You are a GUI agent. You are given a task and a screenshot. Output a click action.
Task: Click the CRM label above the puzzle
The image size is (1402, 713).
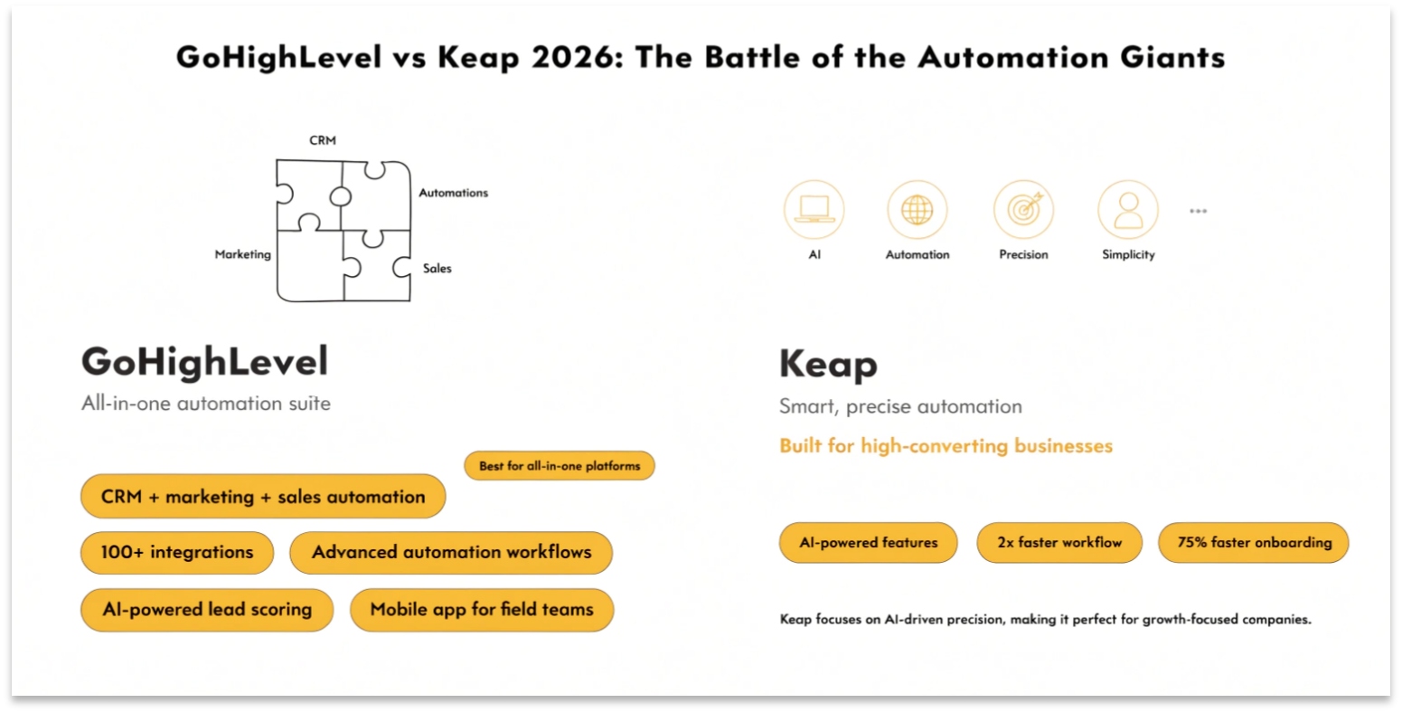click(323, 140)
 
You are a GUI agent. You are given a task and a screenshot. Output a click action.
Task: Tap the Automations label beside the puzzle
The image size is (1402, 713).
click(453, 193)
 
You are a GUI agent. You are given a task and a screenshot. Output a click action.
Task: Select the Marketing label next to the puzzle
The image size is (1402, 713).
click(242, 254)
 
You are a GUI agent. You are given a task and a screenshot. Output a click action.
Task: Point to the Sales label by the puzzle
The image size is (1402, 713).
click(437, 268)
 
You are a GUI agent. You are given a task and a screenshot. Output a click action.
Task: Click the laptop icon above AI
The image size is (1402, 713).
click(814, 210)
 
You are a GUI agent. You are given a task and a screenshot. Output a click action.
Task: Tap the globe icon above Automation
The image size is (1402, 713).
click(917, 210)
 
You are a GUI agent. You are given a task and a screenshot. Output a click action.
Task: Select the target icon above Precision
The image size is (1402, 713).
click(1023, 210)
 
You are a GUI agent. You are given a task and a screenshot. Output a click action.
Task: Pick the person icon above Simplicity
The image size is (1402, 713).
click(1127, 210)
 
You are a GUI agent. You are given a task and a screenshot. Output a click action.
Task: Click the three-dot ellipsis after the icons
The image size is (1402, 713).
click(1198, 211)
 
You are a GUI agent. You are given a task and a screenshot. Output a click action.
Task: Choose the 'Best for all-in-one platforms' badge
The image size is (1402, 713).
click(559, 466)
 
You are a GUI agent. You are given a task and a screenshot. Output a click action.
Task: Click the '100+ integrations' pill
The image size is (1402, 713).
click(177, 552)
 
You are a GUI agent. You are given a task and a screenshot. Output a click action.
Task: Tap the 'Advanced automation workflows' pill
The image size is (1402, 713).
click(451, 552)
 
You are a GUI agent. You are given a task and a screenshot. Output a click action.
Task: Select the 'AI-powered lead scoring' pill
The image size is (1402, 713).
click(207, 609)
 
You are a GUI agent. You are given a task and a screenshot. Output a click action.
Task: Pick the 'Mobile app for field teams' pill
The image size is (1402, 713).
click(482, 609)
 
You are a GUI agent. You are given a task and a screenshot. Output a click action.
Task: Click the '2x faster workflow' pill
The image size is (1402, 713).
click(1059, 543)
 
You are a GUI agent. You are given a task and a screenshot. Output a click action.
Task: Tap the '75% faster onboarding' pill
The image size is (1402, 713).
click(1254, 543)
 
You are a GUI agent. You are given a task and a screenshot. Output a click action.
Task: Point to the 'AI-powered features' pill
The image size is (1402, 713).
click(868, 543)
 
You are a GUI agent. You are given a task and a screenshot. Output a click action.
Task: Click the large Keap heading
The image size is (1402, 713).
click(828, 365)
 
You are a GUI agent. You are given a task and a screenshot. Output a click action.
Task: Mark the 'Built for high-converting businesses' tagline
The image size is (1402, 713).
click(946, 445)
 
